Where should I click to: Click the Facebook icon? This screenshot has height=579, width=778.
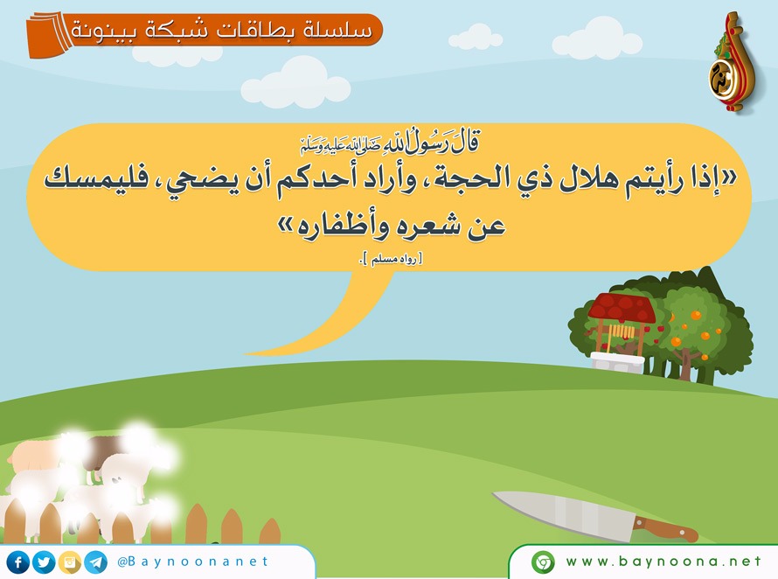[18, 562]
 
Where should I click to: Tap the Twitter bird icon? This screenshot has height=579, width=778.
[45, 562]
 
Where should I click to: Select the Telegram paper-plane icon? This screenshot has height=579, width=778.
[95, 562]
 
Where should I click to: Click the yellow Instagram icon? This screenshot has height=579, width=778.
[70, 562]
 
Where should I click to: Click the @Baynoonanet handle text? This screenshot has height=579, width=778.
[192, 562]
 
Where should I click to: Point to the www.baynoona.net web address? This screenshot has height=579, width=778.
[663, 562]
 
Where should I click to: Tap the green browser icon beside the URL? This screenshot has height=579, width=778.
[543, 562]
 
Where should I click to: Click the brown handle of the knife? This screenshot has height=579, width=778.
[665, 529]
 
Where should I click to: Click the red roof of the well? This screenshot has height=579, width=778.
[622, 308]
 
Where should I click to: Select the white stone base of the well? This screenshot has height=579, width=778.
[617, 363]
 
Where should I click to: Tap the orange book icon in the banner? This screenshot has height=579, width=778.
[50, 35]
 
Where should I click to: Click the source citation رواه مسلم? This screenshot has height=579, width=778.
[391, 259]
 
